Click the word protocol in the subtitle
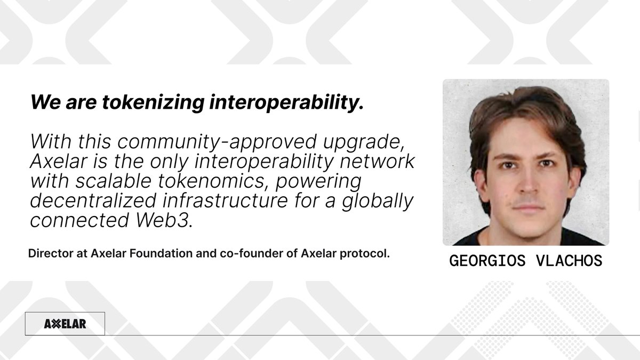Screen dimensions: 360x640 (369, 254)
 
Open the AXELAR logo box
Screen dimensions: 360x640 (65, 324)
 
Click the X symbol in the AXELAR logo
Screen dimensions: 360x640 (54, 324)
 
